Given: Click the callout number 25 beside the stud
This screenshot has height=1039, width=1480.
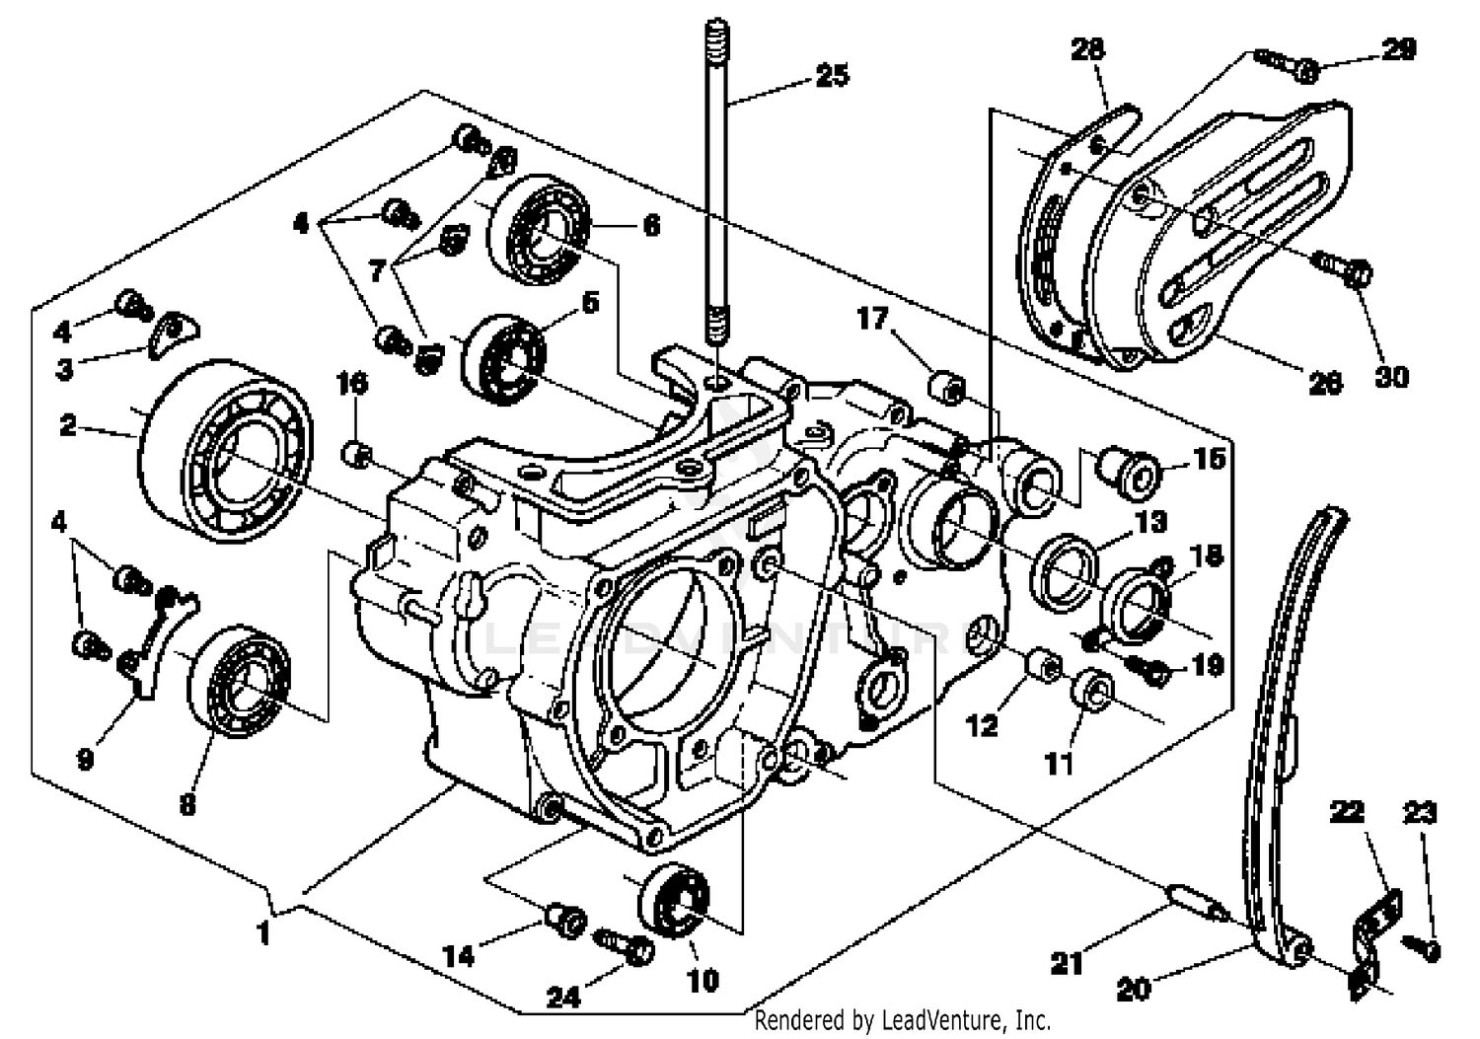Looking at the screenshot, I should coord(832,75).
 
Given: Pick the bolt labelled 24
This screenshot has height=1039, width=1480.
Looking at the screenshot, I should coord(629,948).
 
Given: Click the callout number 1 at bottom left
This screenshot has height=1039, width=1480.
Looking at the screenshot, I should coord(262,931).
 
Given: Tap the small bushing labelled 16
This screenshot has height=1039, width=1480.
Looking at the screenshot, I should coord(356,455).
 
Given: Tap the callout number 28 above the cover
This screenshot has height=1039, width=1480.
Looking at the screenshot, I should coord(1087,48).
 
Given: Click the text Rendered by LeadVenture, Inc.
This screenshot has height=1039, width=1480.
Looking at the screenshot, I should coord(902,1019).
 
